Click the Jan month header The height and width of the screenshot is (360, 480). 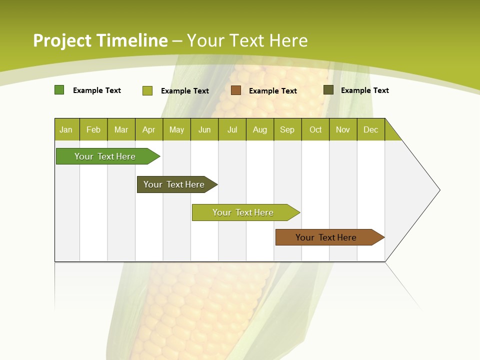(66, 129)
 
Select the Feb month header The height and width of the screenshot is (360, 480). (93, 129)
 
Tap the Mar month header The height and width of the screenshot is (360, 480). (121, 129)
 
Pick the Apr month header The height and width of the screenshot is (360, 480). (149, 129)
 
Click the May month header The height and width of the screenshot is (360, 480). (176, 129)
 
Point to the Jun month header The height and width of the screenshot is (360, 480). (204, 129)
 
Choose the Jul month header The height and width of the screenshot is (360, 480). (232, 129)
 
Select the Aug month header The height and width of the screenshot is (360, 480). (260, 129)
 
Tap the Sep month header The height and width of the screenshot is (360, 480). (287, 129)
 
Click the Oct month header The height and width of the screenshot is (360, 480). (315, 129)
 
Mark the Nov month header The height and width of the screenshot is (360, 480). (343, 129)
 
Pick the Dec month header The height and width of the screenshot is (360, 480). (371, 129)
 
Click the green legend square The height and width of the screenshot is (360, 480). (59, 90)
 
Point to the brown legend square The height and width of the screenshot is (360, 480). (236, 90)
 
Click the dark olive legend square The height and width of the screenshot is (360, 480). (328, 90)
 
